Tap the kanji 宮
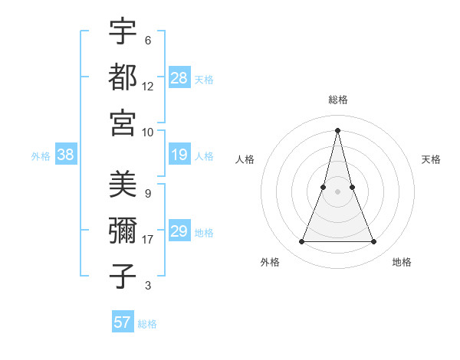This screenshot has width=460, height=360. point(123,122)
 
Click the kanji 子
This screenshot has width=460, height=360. point(123,277)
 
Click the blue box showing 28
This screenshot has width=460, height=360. point(179,77)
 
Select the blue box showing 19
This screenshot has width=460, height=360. point(179,155)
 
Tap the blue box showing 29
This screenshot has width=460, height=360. point(179,231)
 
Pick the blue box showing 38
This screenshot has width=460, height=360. point(66,155)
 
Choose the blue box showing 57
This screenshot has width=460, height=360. point(123,322)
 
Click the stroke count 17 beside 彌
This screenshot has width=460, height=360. point(148,240)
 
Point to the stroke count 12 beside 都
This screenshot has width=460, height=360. point(148,86)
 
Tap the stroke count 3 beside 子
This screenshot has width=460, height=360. point(148,286)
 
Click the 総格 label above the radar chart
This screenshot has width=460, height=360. point(338,100)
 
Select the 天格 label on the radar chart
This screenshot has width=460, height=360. point(432,159)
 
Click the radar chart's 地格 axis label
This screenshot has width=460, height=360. point(402,262)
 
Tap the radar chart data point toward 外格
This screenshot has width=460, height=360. point(301,242)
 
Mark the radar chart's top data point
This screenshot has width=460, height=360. point(338,129)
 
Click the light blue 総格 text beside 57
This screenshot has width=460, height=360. point(147,324)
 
